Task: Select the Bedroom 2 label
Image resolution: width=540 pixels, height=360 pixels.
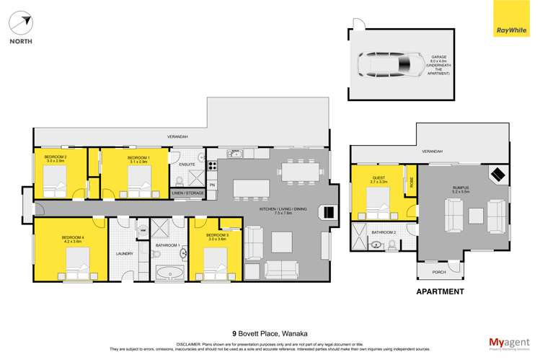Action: click(x=55, y=159)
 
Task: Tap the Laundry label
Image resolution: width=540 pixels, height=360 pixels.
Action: click(x=123, y=253)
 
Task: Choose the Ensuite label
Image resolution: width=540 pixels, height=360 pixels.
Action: click(x=183, y=164)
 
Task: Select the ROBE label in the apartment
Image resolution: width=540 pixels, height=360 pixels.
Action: click(x=410, y=182)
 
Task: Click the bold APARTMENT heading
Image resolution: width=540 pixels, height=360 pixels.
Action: click(x=440, y=292)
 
